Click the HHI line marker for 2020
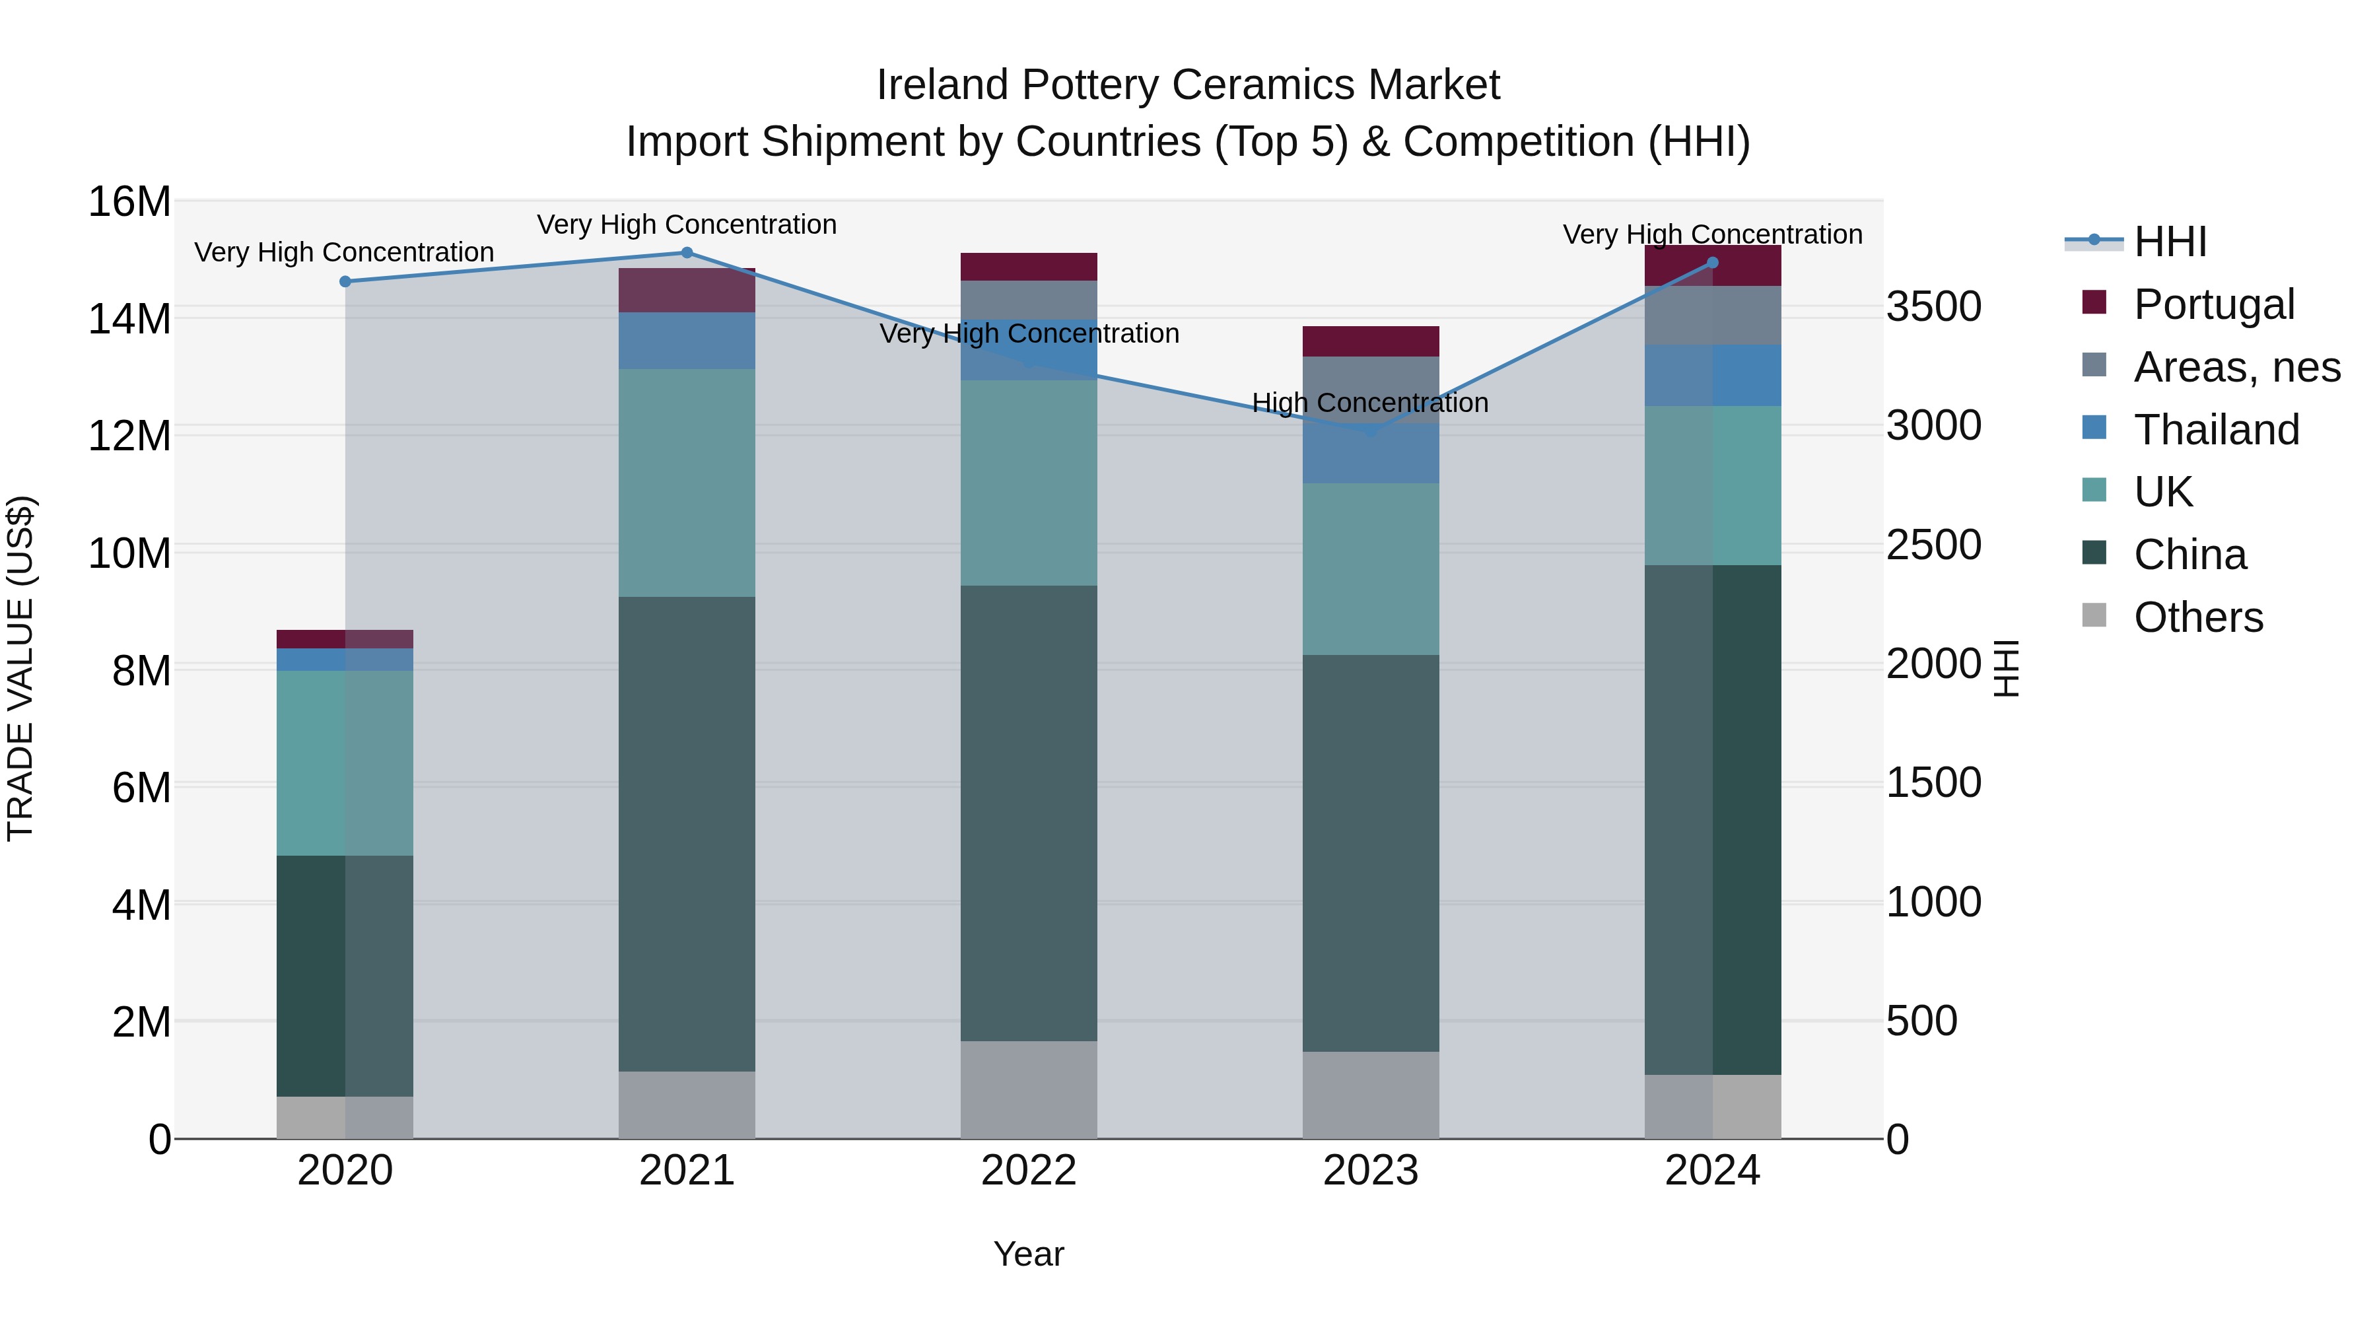(x=345, y=281)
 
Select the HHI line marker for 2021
(x=687, y=253)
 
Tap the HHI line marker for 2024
(x=1713, y=263)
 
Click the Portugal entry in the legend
(x=2213, y=304)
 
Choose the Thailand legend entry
(x=2215, y=430)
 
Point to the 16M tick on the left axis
(x=129, y=202)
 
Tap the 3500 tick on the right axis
(x=1933, y=306)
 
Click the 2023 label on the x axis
(x=1370, y=1171)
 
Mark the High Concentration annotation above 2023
(x=1369, y=403)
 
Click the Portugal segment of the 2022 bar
(x=1029, y=267)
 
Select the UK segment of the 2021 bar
(x=687, y=483)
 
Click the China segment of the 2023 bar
(x=1370, y=854)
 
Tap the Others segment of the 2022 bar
(x=1029, y=1089)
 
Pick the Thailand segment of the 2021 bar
(x=687, y=341)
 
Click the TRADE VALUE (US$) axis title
(x=20, y=668)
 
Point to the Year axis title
(x=1028, y=1254)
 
